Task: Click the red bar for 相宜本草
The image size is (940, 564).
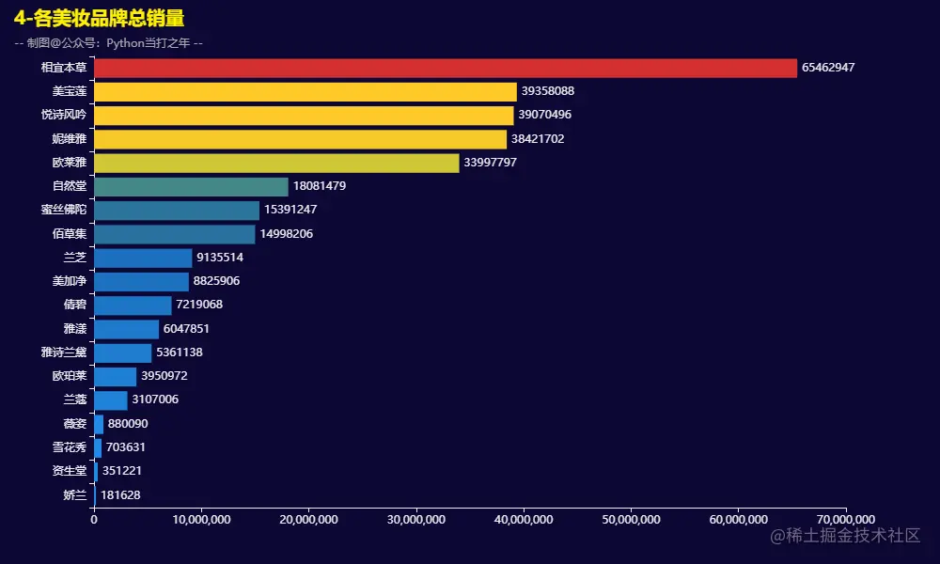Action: (445, 68)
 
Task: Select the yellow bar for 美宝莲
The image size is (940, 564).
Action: (305, 91)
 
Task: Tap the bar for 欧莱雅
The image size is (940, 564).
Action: (276, 163)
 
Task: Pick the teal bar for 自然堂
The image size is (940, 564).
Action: (191, 186)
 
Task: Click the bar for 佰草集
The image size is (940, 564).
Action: (174, 234)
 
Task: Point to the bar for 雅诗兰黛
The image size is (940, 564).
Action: (122, 352)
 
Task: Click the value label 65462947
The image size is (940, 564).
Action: (828, 68)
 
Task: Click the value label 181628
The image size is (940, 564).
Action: (120, 494)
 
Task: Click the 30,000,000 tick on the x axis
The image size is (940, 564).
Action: (416, 519)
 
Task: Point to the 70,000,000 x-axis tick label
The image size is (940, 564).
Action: (846, 519)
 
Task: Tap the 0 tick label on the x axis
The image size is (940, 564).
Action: (94, 519)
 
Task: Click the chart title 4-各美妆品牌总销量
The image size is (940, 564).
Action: (99, 19)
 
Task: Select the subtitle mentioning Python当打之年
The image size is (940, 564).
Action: (108, 42)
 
